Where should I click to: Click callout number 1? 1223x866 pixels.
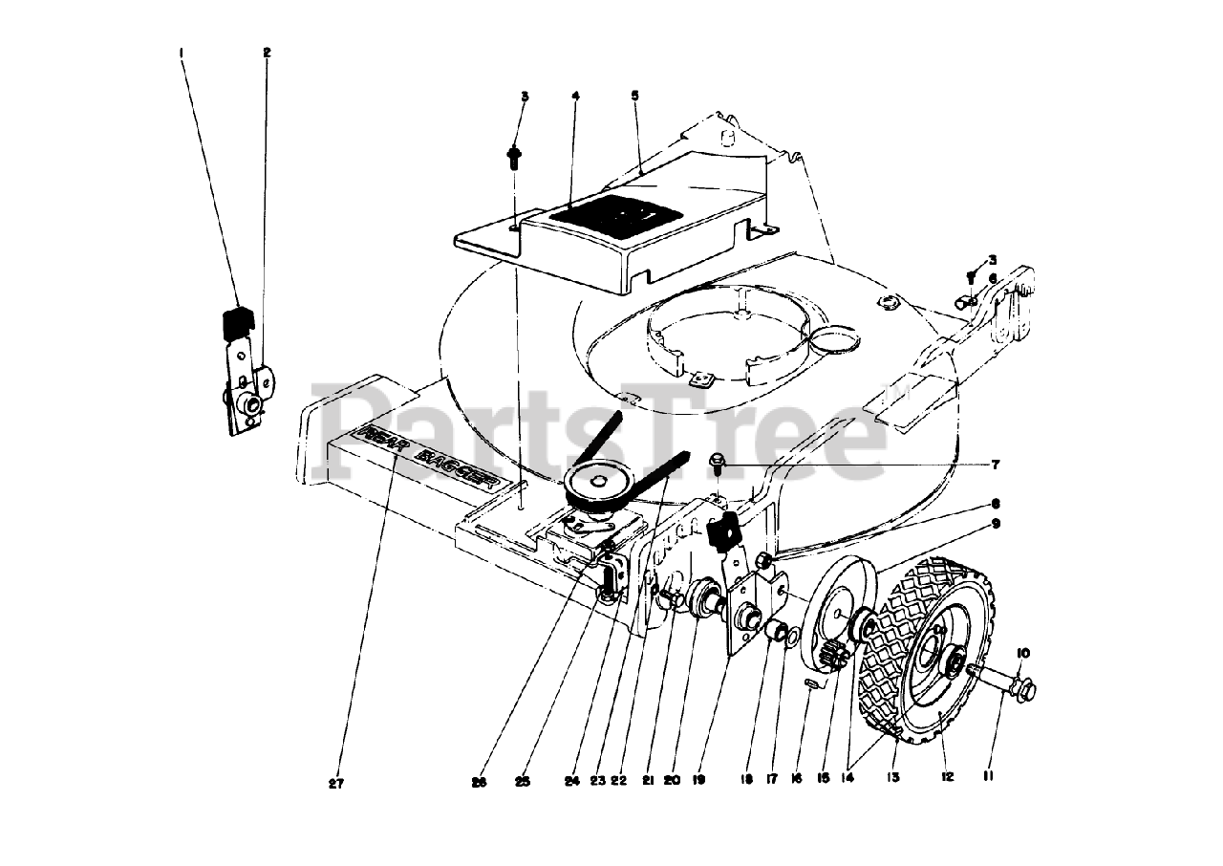click(x=182, y=52)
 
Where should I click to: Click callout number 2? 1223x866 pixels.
click(x=267, y=52)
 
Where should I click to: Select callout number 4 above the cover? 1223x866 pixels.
click(x=575, y=96)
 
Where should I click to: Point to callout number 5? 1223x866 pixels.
click(x=634, y=96)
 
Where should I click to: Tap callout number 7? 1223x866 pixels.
click(x=995, y=465)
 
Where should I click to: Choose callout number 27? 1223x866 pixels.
click(x=335, y=784)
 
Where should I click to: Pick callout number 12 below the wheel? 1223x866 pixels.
click(x=947, y=777)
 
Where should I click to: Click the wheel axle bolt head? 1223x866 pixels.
click(x=1023, y=686)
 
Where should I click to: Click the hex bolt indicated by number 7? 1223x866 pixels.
click(x=718, y=465)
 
